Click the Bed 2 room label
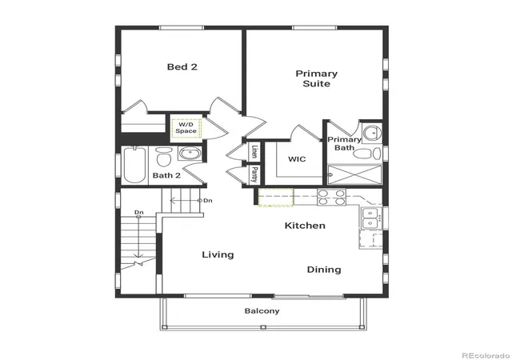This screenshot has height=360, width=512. pos(182,67)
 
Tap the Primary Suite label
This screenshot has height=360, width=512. pos(317,78)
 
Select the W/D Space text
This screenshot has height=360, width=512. pos(186,128)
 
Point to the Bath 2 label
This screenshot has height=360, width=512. pos(166,175)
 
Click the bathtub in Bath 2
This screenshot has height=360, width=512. pos(134,165)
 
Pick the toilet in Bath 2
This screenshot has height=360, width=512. pos(163,157)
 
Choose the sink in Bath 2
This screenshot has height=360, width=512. pos(190,154)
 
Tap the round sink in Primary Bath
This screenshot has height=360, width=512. pos(372,133)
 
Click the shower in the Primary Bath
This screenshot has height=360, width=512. pos(354,175)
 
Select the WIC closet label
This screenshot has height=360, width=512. pos(297,159)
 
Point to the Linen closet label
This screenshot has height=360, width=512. pos(254,151)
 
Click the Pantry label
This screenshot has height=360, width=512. pos(254,174)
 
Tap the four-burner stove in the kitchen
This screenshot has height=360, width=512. pos(331,198)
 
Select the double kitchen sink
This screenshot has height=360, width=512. pos(370,218)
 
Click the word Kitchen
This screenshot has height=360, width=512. pos(305,226)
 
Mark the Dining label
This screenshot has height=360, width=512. pos(324,270)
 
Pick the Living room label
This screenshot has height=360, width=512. pos(218,255)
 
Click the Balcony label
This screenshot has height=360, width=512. pos(262,310)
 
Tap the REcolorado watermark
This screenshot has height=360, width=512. pos(486,355)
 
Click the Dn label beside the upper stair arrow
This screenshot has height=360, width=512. pos(208,201)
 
